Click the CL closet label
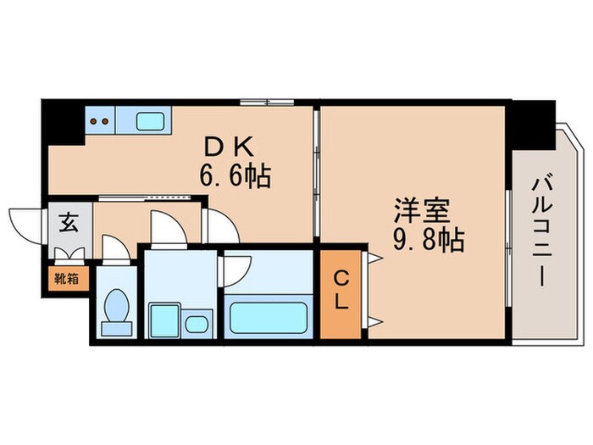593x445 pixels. coord(342,288)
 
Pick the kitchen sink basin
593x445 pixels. coord(150,120)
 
